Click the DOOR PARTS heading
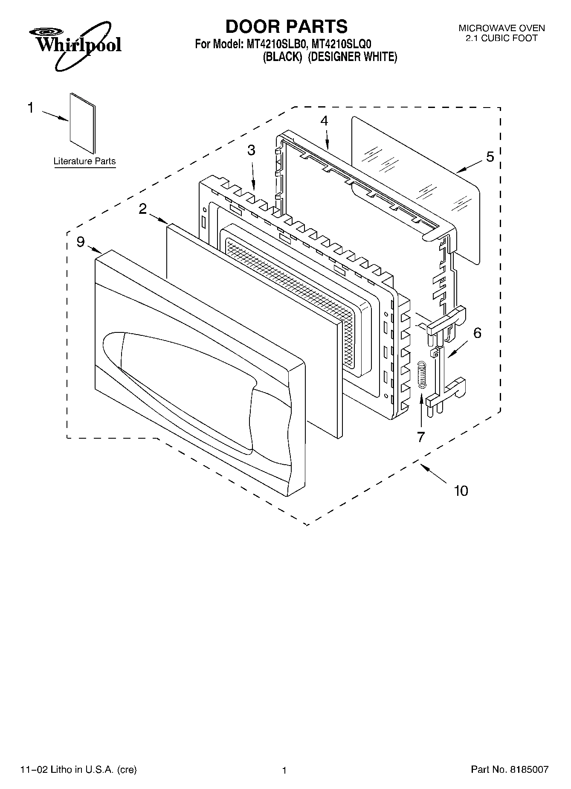click(x=286, y=26)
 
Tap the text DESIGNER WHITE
click(x=353, y=57)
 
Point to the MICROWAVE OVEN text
click(x=501, y=28)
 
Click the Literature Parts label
click(x=84, y=161)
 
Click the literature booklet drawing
click(x=83, y=123)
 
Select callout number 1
click(x=30, y=108)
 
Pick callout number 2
click(x=142, y=208)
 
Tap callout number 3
click(x=251, y=150)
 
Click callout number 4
click(x=324, y=121)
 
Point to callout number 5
click(x=490, y=157)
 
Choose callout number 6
click(x=477, y=332)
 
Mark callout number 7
click(x=421, y=437)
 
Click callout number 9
click(x=81, y=242)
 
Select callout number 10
click(x=461, y=491)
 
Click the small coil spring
click(x=421, y=375)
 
